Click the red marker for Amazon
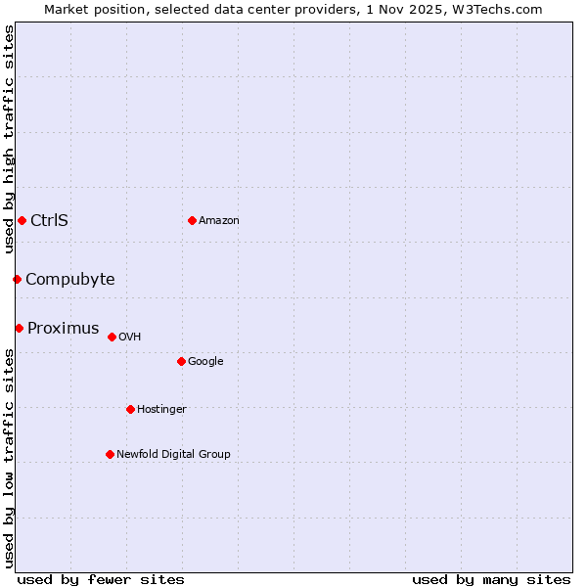[x=192, y=220]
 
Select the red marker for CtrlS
[x=22, y=220]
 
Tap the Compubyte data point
[x=17, y=280]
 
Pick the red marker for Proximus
[x=19, y=328]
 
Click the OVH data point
[x=112, y=337]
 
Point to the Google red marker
[x=181, y=361]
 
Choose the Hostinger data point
[x=130, y=409]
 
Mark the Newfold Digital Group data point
[x=110, y=454]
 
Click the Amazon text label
[x=219, y=220]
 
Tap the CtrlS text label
[x=49, y=220]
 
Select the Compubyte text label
[x=69, y=280]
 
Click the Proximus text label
[x=63, y=328]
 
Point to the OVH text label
[x=130, y=337]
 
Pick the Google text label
[x=205, y=361]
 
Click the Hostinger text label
[x=161, y=409]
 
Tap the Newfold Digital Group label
[x=173, y=454]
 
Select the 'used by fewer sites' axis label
[x=101, y=579]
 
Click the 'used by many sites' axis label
[x=491, y=579]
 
